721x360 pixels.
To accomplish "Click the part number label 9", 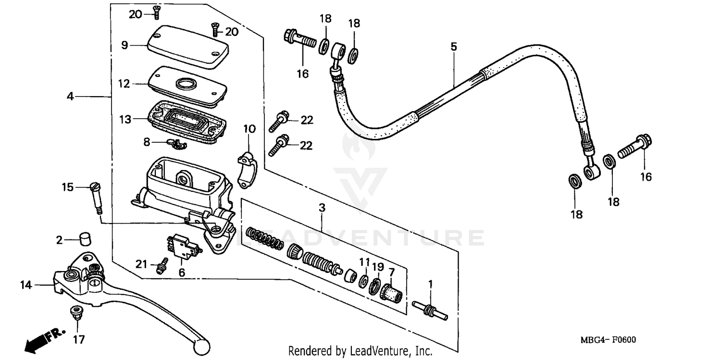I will (x=124, y=45).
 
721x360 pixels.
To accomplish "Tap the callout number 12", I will (x=124, y=84).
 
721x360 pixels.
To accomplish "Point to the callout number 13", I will (x=125, y=119).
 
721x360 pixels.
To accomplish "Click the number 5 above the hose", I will (x=453, y=47).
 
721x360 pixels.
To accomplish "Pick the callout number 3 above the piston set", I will (x=322, y=208).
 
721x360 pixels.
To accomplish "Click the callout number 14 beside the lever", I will (x=26, y=285).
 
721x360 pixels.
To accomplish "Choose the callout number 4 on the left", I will (x=71, y=97).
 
